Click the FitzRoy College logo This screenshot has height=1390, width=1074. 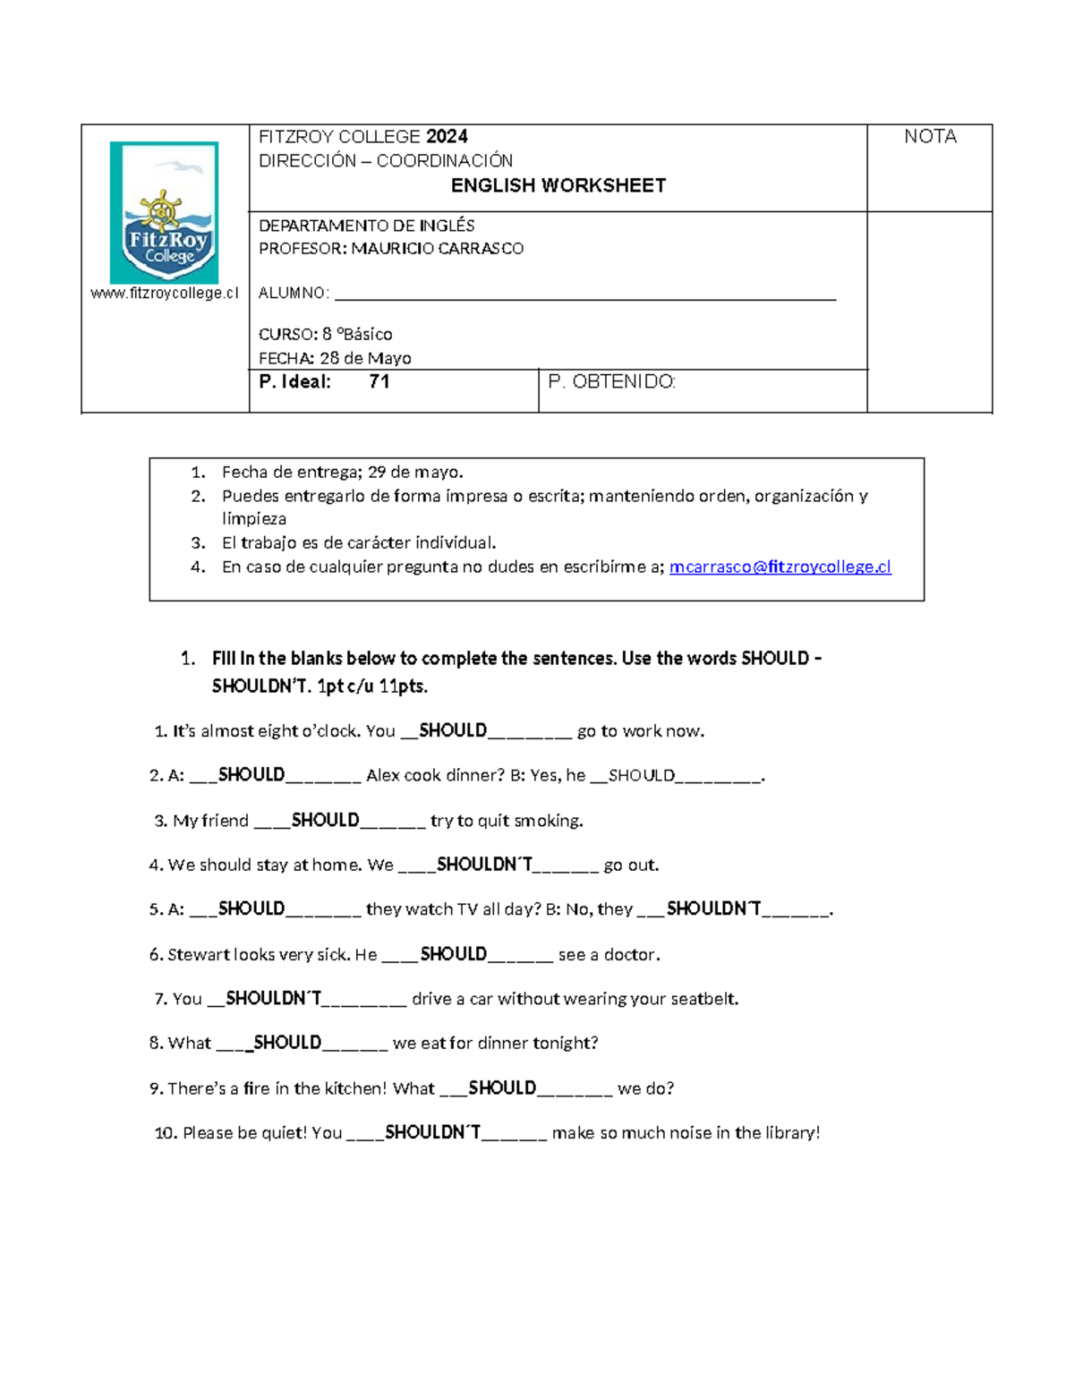[164, 213]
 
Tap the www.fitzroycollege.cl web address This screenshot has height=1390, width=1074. [165, 294]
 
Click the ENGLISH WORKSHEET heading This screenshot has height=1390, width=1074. [558, 186]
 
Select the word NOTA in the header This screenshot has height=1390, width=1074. [930, 137]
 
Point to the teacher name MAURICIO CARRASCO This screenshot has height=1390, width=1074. [437, 249]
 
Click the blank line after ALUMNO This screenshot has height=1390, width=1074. [584, 295]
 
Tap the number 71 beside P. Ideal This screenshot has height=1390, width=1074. [379, 382]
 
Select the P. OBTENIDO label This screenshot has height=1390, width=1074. [611, 382]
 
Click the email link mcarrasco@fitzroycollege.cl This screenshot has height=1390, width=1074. [780, 567]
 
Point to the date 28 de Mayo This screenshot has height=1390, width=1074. [365, 358]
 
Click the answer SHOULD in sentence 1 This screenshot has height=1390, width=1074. [453, 730]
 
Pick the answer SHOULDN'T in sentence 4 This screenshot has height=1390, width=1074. [484, 865]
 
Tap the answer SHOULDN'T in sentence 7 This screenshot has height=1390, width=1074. [274, 998]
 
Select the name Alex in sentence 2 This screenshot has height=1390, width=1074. [383, 776]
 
